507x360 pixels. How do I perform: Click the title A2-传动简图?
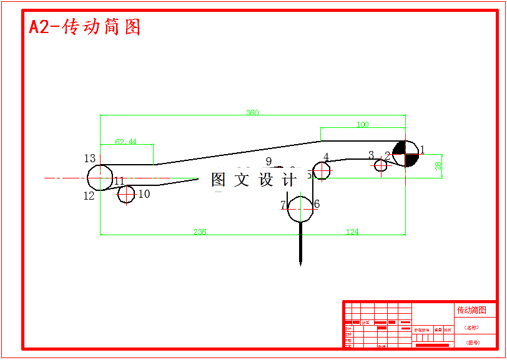point(85,27)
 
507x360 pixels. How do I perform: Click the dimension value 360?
point(252,113)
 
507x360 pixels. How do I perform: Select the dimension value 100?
point(362,125)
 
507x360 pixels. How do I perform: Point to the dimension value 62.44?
point(126,142)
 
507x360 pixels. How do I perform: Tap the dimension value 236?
point(200,232)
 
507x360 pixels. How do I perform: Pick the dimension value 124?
point(352,232)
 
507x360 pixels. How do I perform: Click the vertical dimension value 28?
point(438,165)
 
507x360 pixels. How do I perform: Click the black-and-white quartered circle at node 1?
point(406,154)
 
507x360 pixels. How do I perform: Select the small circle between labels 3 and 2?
point(381,165)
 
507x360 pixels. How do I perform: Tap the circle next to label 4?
point(322,170)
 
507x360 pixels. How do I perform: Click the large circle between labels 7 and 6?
point(301,208)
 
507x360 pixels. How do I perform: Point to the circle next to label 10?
point(127,195)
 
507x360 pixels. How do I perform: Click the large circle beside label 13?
point(100,177)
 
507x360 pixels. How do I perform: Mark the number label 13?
point(90,158)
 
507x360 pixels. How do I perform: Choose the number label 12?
point(89,196)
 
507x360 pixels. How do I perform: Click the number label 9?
point(269,162)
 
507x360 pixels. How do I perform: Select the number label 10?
point(144,194)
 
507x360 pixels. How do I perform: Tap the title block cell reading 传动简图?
point(471,310)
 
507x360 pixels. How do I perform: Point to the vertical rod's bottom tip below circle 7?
point(301,265)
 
